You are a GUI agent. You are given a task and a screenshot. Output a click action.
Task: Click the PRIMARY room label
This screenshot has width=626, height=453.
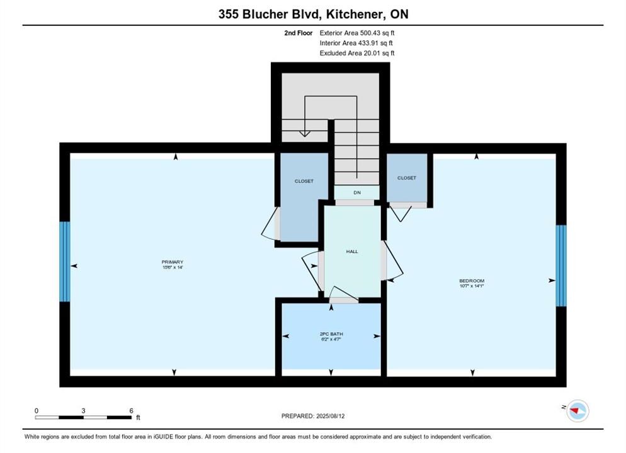[173, 262]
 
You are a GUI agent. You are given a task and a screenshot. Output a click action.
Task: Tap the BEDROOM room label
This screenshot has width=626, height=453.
[472, 281]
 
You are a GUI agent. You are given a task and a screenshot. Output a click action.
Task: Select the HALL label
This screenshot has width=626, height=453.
[352, 252]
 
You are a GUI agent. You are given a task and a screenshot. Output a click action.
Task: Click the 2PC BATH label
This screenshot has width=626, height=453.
[331, 333]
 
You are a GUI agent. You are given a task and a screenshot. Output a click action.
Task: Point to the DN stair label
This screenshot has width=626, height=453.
[357, 193]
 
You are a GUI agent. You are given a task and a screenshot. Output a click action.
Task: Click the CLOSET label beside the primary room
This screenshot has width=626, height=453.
[304, 181]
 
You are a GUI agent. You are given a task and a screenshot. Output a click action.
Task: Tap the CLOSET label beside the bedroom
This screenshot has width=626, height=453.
[406, 178]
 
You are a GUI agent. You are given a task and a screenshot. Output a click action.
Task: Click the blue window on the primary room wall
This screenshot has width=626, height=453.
[65, 262]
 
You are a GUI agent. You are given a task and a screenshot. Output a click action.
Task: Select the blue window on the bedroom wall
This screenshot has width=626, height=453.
[561, 266]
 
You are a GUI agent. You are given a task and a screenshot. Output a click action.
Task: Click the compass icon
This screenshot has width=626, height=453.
[578, 410]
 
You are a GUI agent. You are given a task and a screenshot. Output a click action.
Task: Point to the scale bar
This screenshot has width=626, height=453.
[83, 418]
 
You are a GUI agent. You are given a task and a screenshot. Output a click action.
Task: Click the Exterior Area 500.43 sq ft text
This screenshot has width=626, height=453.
[357, 33]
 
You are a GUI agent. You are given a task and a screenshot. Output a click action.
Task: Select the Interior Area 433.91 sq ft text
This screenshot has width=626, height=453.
[356, 43]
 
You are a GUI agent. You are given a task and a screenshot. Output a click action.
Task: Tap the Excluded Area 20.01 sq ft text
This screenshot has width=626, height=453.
[357, 53]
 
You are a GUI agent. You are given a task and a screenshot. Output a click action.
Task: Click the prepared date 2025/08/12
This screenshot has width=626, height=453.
[330, 416]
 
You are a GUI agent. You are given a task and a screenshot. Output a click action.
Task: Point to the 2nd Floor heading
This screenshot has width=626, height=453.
[299, 33]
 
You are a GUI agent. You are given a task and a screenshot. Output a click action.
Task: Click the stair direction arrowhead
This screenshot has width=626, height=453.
[305, 134]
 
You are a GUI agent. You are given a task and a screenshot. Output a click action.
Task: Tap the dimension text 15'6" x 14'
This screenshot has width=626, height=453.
[173, 267]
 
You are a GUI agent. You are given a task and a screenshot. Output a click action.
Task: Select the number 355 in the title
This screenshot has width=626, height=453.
[229, 14]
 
